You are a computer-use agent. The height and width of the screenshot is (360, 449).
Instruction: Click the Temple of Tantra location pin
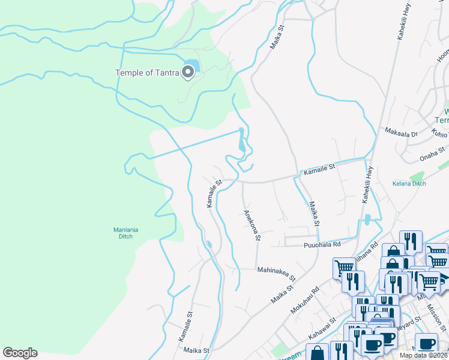(188, 72)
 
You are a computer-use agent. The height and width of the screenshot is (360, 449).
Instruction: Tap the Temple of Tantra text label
(147, 73)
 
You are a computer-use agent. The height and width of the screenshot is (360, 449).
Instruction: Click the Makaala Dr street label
(401, 133)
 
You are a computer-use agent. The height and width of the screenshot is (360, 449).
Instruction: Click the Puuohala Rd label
(322, 244)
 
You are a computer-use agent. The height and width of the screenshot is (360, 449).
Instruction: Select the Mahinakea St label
(277, 274)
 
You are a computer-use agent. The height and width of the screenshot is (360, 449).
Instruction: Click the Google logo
(20, 353)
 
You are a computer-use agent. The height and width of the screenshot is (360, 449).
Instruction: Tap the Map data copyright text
(423, 355)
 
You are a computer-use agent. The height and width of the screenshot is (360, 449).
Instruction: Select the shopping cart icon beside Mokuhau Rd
(344, 268)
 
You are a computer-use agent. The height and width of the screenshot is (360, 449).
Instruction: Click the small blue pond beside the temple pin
(191, 64)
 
